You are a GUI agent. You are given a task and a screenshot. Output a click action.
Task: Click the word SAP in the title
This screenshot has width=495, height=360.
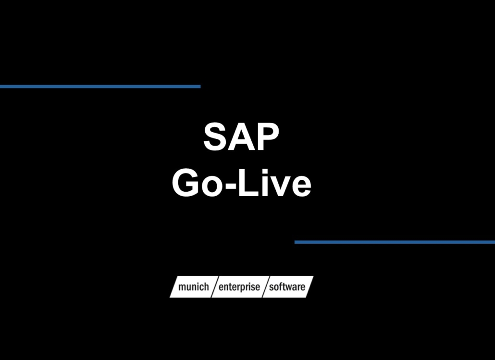click(241, 137)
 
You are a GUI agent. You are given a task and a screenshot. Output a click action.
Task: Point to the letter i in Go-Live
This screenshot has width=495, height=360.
click(267, 183)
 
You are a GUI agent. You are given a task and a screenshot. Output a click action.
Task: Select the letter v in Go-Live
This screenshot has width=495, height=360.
click(282, 186)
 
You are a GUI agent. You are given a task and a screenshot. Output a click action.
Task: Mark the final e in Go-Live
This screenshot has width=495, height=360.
click(301, 186)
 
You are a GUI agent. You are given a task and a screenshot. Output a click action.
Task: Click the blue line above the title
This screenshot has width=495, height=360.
click(100, 87)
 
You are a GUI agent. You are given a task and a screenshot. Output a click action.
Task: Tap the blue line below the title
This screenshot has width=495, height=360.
click(395, 242)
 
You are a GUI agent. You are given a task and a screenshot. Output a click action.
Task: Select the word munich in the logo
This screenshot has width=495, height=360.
click(193, 287)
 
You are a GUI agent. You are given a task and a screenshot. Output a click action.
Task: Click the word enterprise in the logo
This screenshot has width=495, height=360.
click(239, 287)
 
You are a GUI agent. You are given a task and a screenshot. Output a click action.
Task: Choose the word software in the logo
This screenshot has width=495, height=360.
click(287, 287)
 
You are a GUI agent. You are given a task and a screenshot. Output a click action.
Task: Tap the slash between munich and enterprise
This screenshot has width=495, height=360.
click(214, 287)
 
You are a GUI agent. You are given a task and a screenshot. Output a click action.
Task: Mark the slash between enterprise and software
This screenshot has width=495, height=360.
click(264, 287)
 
